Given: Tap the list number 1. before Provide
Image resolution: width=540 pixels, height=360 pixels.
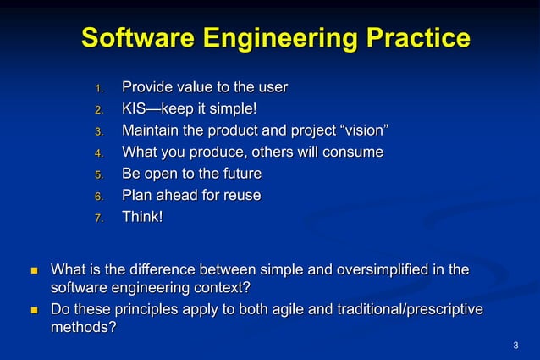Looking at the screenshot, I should click(98, 89).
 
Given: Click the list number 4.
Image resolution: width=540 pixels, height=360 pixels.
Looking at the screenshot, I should click(98, 154).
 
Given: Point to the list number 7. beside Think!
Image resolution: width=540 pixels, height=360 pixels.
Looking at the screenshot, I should click(98, 219).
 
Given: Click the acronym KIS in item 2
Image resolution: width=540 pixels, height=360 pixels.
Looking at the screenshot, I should click(135, 109).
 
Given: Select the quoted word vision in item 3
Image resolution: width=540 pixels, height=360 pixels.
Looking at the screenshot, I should click(362, 130).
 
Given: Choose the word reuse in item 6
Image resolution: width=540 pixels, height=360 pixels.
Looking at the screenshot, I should click(240, 196).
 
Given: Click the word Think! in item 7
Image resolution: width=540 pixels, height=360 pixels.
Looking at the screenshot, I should click(142, 217).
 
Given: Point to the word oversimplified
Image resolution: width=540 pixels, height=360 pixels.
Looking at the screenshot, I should click(383, 270).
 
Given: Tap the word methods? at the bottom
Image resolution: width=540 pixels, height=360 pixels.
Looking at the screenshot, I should click(84, 328).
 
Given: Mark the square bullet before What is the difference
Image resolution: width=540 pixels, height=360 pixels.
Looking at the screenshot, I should click(35, 271).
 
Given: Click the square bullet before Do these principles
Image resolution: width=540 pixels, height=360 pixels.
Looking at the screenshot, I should click(35, 311).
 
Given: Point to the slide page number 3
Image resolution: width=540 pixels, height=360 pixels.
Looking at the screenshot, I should click(515, 346).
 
